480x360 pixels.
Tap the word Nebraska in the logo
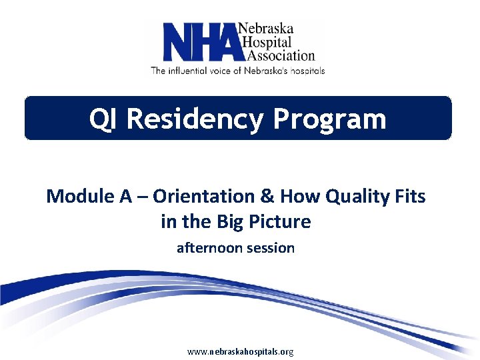tap(265, 30)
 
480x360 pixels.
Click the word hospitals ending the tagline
tap(305, 70)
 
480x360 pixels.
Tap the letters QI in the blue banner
tap(104, 119)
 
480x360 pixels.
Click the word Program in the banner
tap(329, 119)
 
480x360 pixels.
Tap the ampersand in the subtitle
tap(267, 197)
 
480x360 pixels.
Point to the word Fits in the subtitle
tap(410, 197)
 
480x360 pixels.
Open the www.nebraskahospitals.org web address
tap(240, 351)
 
